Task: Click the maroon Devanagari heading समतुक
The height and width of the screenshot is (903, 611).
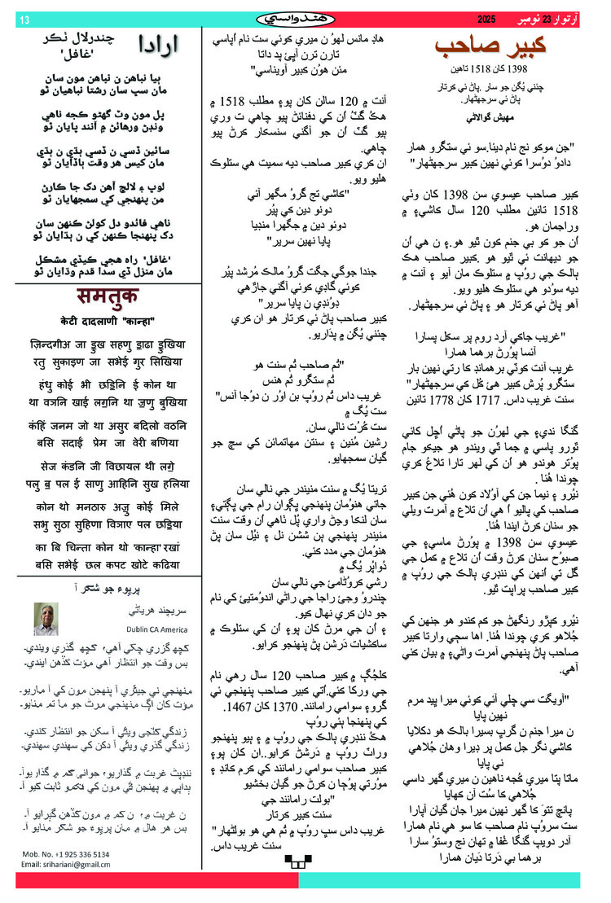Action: pos(110,297)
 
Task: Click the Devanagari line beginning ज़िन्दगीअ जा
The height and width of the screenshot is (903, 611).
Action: pos(110,344)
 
